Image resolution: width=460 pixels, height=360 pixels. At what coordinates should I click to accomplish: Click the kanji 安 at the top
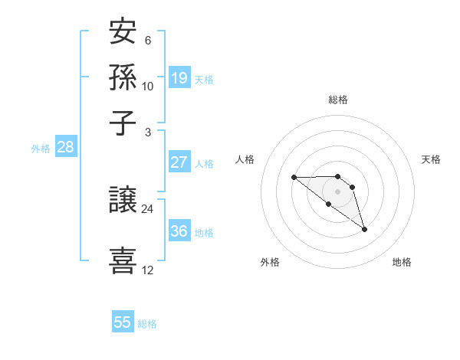coord(123,34)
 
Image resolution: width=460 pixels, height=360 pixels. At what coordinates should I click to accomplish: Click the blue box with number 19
coord(179,77)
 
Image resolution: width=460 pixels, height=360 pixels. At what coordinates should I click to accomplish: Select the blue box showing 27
coord(179,162)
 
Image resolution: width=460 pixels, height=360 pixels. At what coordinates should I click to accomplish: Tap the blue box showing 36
coord(179,231)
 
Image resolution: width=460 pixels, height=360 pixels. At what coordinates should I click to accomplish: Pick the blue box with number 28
coord(65,147)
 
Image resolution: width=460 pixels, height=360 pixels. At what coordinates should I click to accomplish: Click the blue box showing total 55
coord(123,322)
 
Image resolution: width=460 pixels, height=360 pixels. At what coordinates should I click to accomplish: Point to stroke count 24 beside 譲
coord(147,209)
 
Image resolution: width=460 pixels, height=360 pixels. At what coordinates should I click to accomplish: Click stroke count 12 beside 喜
coord(147,270)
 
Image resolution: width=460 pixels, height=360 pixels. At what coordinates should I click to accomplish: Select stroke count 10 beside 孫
coord(147,87)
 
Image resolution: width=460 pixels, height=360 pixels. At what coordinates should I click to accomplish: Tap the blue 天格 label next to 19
coord(204,79)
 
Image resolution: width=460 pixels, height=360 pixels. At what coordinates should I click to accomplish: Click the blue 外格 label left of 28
coord(41,149)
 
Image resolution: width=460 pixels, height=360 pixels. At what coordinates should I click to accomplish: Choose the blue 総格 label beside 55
coord(147,324)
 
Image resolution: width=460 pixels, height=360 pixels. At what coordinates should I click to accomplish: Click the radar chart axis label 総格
coord(338,100)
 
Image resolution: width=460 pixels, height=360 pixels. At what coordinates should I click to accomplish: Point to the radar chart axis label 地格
coord(402,263)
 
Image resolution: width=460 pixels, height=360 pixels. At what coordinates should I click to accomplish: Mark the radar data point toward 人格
coord(294,178)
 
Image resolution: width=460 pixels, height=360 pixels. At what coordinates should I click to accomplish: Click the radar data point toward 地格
coord(364,229)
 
